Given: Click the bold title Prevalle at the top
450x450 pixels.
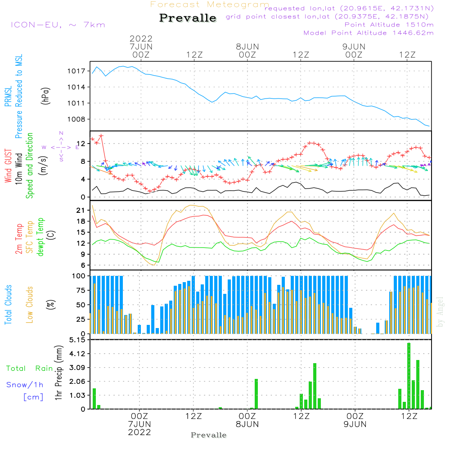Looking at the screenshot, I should click(x=188, y=18).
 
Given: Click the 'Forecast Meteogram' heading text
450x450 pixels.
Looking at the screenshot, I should click(x=210, y=5).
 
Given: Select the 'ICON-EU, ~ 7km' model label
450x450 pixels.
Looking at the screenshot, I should click(x=58, y=25).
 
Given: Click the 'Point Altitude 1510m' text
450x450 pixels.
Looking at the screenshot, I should click(x=389, y=25).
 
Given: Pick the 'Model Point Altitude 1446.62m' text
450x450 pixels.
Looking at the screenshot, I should click(x=369, y=33).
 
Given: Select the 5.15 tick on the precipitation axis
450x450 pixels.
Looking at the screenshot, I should click(x=77, y=340).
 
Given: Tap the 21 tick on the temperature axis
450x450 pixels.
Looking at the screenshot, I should click(x=81, y=210).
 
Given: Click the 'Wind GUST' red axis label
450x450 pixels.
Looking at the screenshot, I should click(x=9, y=166).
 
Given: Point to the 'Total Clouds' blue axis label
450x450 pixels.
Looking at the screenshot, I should click(x=9, y=304).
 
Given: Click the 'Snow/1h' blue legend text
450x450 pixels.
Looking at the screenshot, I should click(x=25, y=385).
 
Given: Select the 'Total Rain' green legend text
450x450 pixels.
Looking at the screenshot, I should click(x=29, y=369).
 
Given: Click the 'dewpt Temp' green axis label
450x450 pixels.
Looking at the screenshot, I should click(x=40, y=237).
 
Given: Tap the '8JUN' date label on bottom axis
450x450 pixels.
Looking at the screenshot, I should click(x=247, y=424).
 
